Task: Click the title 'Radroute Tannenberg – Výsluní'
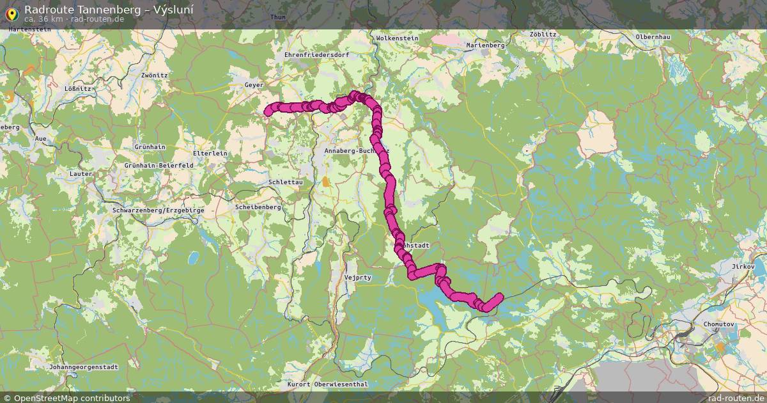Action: point(109,10)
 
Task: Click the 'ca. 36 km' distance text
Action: point(42,19)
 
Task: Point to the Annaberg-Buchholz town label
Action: point(348,151)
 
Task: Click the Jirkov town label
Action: point(743,266)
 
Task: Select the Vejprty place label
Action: point(357,278)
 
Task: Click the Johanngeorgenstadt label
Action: point(84,367)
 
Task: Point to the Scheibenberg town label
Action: point(258,207)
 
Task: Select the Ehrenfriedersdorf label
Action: point(316,55)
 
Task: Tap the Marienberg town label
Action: point(486,45)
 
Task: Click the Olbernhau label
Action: point(653,37)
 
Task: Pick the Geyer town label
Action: point(254,84)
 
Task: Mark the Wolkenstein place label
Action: point(397,38)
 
